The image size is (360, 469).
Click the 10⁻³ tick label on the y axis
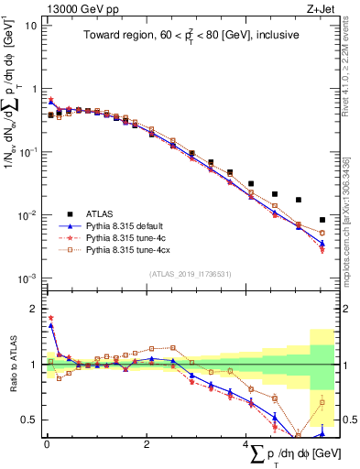pyautogui.click(x=27, y=278)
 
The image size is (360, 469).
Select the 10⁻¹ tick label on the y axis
pyautogui.click(x=27, y=152)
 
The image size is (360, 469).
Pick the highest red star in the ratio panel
pyautogui.click(x=50, y=318)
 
